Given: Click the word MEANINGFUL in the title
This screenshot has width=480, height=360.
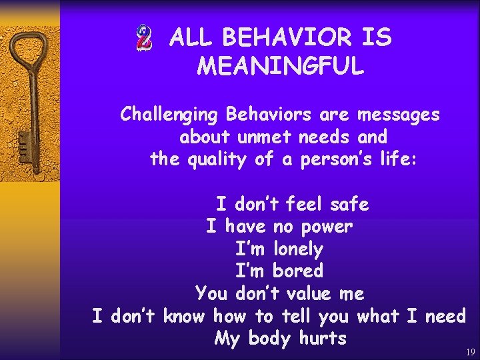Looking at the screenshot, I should coord(281,66).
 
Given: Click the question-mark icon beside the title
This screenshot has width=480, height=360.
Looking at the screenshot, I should coord(143,38).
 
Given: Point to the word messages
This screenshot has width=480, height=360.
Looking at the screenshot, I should coord(398,115).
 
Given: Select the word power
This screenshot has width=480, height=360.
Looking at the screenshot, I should coord(326,227).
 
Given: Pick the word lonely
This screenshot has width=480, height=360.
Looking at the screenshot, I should coord(297,249).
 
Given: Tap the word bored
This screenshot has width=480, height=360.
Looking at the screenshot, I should coord(297,271).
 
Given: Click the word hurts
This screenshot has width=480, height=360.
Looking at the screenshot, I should coord(323,338).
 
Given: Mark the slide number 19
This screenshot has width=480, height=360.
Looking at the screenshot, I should coord(471,352).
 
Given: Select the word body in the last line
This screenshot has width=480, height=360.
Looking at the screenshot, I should coord(269,339).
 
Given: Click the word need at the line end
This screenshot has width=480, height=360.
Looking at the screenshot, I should coord(445,316).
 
